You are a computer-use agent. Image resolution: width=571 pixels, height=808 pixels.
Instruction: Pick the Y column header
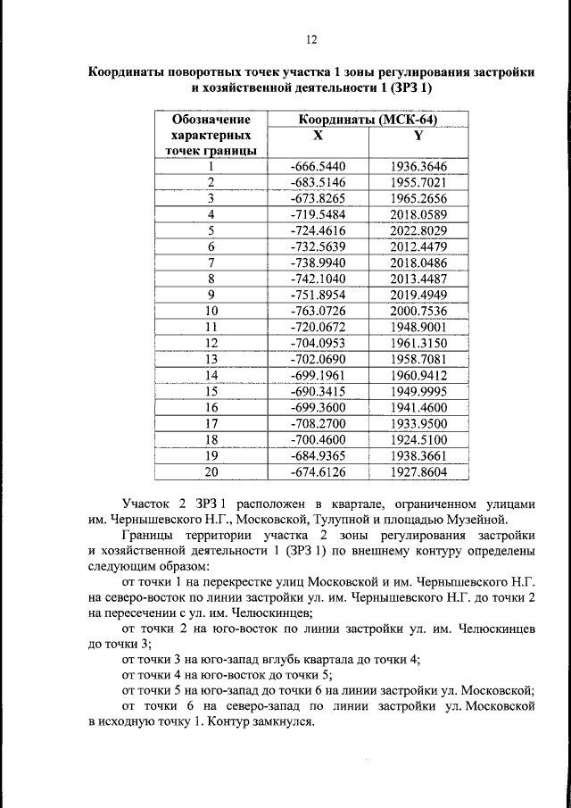(418, 135)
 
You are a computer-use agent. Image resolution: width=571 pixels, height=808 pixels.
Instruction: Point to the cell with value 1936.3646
(418, 166)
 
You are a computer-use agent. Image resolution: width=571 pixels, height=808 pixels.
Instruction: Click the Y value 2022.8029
(418, 230)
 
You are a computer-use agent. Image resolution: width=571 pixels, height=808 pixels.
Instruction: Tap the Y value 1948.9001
(418, 327)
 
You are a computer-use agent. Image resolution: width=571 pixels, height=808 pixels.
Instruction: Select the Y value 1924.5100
(418, 439)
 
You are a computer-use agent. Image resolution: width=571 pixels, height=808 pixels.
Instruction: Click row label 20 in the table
(211, 471)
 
